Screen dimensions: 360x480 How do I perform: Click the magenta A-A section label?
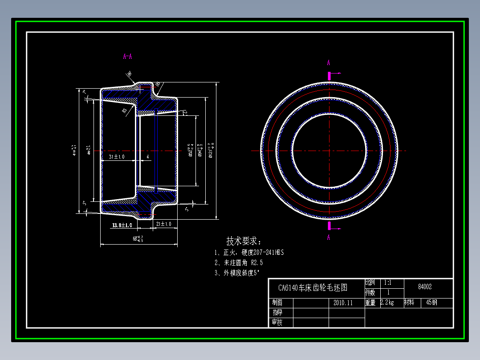tap(127, 57)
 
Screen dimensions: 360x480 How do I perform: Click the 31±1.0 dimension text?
tap(117, 157)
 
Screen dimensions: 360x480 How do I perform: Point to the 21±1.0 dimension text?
tap(163, 224)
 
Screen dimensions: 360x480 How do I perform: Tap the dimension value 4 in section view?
tap(147, 157)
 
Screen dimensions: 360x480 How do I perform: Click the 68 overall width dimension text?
tap(138, 239)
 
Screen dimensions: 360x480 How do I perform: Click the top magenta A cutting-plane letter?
tap(329, 63)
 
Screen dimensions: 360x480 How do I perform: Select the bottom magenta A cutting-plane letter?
tap(329, 237)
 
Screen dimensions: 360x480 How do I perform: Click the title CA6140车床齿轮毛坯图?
tap(313, 288)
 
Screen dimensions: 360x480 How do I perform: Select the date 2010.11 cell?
tap(343, 303)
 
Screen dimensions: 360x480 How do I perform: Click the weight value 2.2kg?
tap(387, 303)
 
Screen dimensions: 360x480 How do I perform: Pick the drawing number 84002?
tap(425, 287)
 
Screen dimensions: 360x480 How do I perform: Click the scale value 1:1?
tap(387, 282)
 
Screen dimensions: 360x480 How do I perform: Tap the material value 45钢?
tap(431, 303)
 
